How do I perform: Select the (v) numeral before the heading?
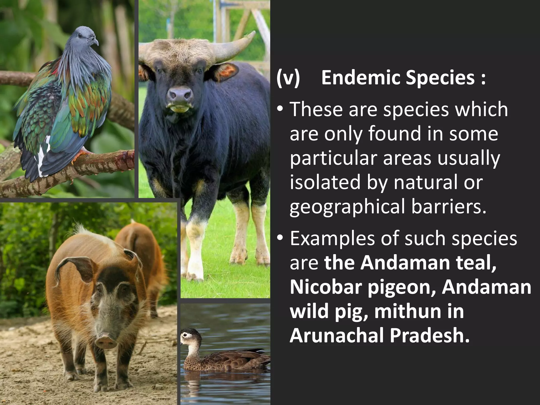[x=288, y=78]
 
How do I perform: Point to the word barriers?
[x=449, y=206]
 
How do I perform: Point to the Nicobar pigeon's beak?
[x=95, y=41]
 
